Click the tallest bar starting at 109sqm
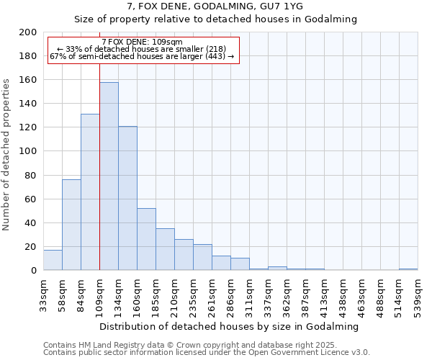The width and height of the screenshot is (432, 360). (109, 176)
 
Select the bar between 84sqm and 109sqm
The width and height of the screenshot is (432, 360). (90, 192)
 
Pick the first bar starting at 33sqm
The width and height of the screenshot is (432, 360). (53, 260)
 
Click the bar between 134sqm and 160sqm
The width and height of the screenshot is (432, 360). (127, 198)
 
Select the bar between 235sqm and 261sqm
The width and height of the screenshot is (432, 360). (202, 257)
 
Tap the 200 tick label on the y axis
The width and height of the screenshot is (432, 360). (28, 32)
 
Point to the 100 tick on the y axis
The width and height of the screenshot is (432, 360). (28, 151)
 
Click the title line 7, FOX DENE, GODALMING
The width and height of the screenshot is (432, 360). (216, 6)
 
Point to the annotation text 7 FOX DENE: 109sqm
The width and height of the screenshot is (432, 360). (142, 42)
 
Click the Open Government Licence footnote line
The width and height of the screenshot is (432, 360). (207, 352)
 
